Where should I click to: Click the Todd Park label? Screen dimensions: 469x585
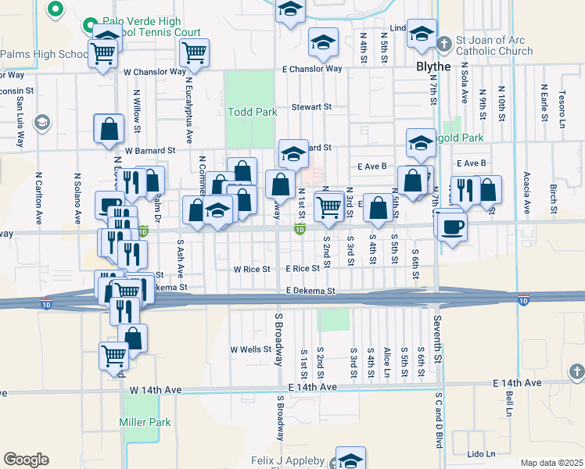coord(253,112)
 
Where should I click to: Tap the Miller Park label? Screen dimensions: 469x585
coord(145,422)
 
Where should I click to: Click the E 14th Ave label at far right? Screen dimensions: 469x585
coord(517,383)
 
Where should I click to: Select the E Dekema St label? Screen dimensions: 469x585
coord(310,291)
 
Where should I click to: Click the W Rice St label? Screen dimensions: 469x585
coord(252,269)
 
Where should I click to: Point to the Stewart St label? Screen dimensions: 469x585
coord(312,106)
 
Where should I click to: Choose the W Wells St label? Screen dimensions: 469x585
coord(250,349)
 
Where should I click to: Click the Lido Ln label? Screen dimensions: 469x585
coord(482,454)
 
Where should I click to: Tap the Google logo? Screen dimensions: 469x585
coord(26,459)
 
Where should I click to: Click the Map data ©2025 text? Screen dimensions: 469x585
coord(551,463)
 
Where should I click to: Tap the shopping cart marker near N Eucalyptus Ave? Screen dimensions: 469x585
coord(194,53)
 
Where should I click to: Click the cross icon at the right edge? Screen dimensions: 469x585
coord(576,371)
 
